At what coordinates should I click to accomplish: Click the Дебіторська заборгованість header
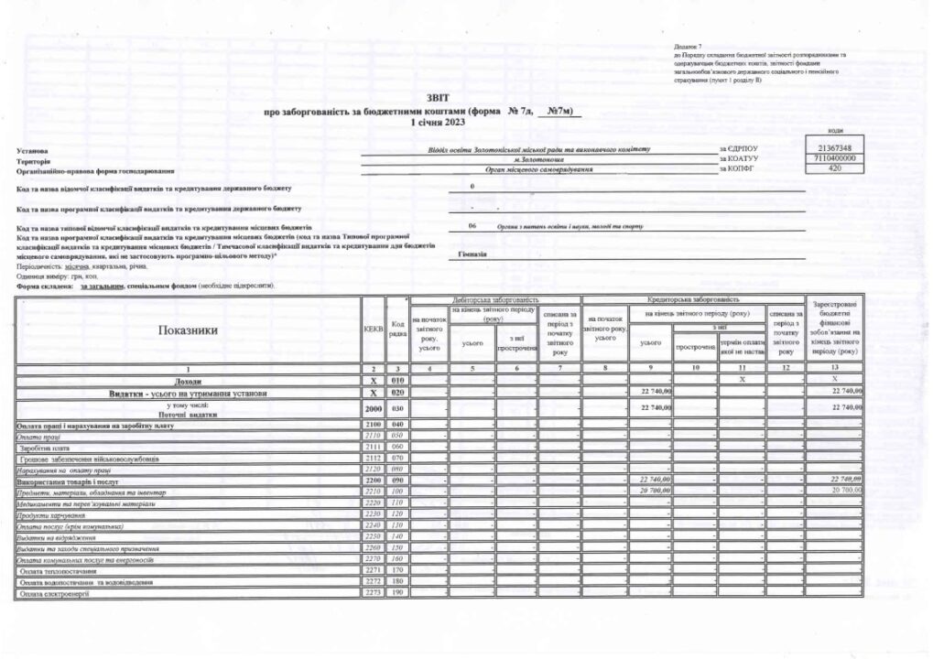pos(495,300)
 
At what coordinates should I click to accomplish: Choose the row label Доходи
pos(189,379)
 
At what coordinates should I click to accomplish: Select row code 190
pos(397,594)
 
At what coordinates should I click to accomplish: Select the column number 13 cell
pos(833,367)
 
